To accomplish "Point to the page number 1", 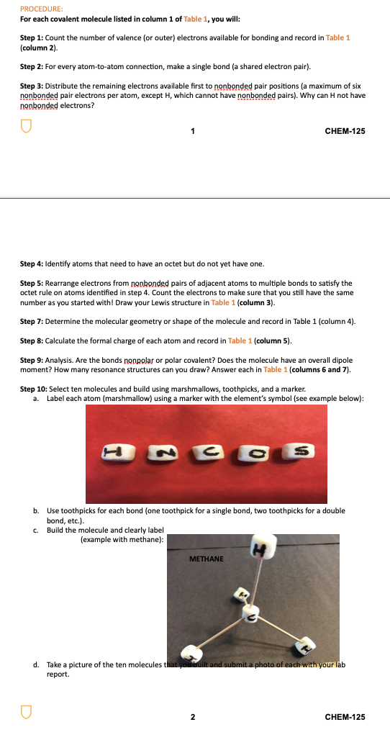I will coord(192,131).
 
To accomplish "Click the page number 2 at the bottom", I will coord(192,717).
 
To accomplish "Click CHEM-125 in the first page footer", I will coord(345,131).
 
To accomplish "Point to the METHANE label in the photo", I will coord(207,559).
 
